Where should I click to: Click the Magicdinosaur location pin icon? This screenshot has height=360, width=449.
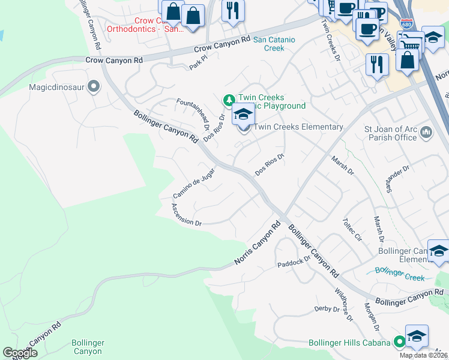tap(93, 88)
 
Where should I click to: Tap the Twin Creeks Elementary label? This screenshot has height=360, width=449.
tap(298, 127)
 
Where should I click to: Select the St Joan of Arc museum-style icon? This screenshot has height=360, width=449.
tap(426, 131)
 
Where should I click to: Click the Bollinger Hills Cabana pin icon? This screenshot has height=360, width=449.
tap(399, 343)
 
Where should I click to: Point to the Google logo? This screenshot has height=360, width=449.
tap(20, 353)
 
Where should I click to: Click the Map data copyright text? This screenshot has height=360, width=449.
tap(423, 355)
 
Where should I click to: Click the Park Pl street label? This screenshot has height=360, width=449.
tap(198, 64)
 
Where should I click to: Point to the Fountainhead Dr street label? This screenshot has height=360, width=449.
tap(193, 114)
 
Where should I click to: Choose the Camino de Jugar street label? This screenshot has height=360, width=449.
tap(194, 184)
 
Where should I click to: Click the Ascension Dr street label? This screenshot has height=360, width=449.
tap(186, 214)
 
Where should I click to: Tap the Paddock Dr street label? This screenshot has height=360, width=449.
tap(293, 262)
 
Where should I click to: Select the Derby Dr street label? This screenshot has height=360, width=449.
tap(327, 309)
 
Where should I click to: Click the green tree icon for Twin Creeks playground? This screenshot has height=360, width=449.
tap(228, 99)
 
